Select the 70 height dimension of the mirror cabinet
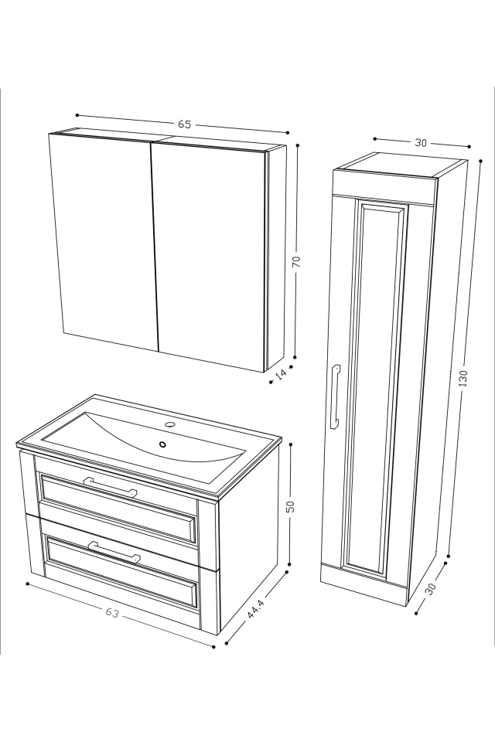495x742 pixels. [x=295, y=262]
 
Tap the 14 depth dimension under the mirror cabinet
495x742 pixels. [x=282, y=374]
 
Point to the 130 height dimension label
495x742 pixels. [x=462, y=379]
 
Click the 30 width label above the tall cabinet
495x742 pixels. [x=421, y=142]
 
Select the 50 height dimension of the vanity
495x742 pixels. [x=290, y=506]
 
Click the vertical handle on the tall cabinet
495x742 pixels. [x=334, y=397]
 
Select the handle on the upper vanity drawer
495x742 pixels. [x=110, y=487]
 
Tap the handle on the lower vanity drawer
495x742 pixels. [x=114, y=552]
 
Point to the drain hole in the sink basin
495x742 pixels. [x=163, y=444]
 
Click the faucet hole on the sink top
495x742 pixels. [x=171, y=424]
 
